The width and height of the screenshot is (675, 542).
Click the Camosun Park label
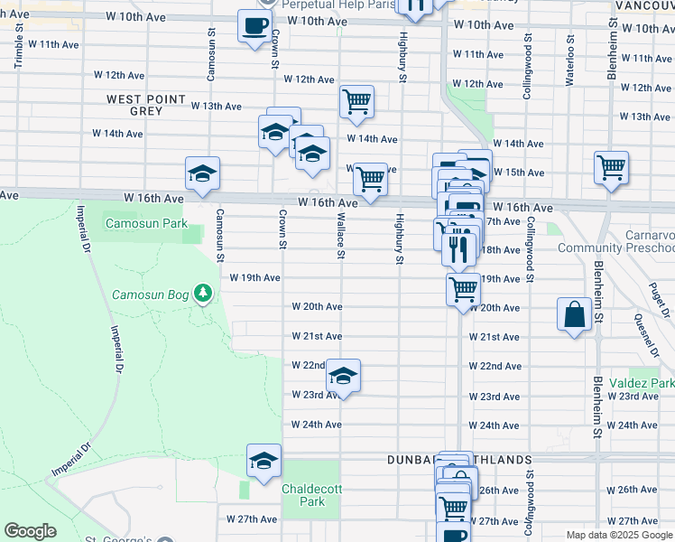(146, 222)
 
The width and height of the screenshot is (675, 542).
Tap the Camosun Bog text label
(150, 294)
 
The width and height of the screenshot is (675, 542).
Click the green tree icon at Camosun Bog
(205, 293)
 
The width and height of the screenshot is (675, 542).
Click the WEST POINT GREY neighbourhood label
(146, 105)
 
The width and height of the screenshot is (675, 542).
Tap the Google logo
(30, 531)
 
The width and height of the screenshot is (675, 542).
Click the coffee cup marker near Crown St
(255, 24)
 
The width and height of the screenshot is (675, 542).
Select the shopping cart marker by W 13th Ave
(357, 101)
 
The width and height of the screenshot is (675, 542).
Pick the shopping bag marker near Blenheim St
(575, 315)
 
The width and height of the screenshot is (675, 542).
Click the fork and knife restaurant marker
(459, 248)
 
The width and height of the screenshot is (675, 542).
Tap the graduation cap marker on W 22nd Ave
(343, 376)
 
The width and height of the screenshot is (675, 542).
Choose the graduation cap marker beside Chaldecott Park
(264, 462)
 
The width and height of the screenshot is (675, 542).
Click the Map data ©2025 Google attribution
(620, 535)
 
